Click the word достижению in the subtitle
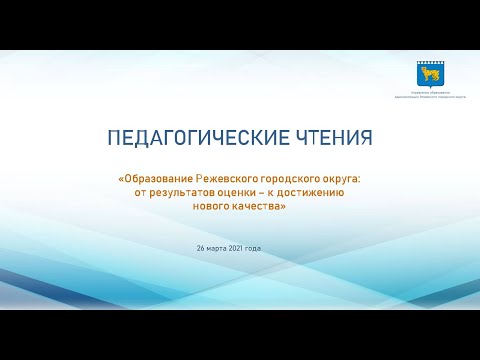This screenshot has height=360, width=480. click(312, 192)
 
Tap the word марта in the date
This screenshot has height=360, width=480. click(220, 247)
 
